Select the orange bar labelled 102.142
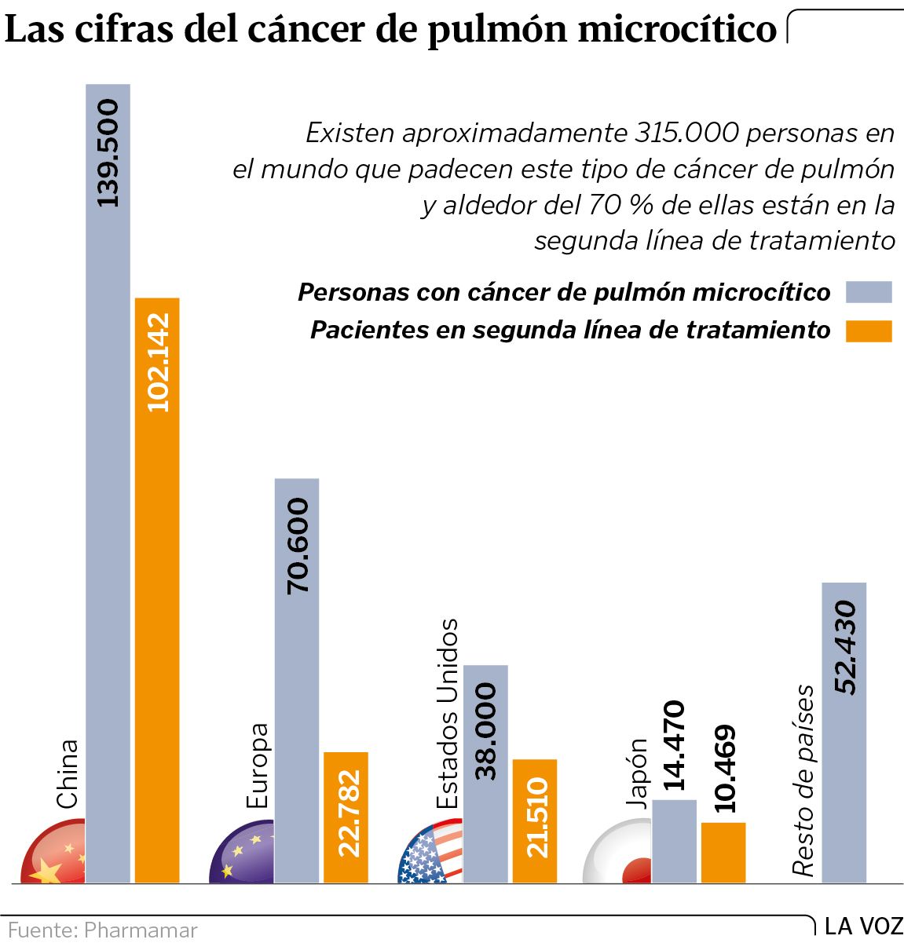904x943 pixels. point(157,590)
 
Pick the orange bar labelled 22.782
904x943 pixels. point(346,817)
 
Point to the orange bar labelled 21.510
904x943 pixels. point(535,821)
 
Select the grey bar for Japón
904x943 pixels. point(674,841)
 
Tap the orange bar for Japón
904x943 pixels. point(723,852)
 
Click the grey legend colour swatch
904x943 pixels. point(869,292)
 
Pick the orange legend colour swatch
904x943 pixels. point(869,331)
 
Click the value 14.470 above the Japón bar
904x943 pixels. point(674,746)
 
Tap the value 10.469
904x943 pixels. point(723,769)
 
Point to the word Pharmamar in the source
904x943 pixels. point(141,930)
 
